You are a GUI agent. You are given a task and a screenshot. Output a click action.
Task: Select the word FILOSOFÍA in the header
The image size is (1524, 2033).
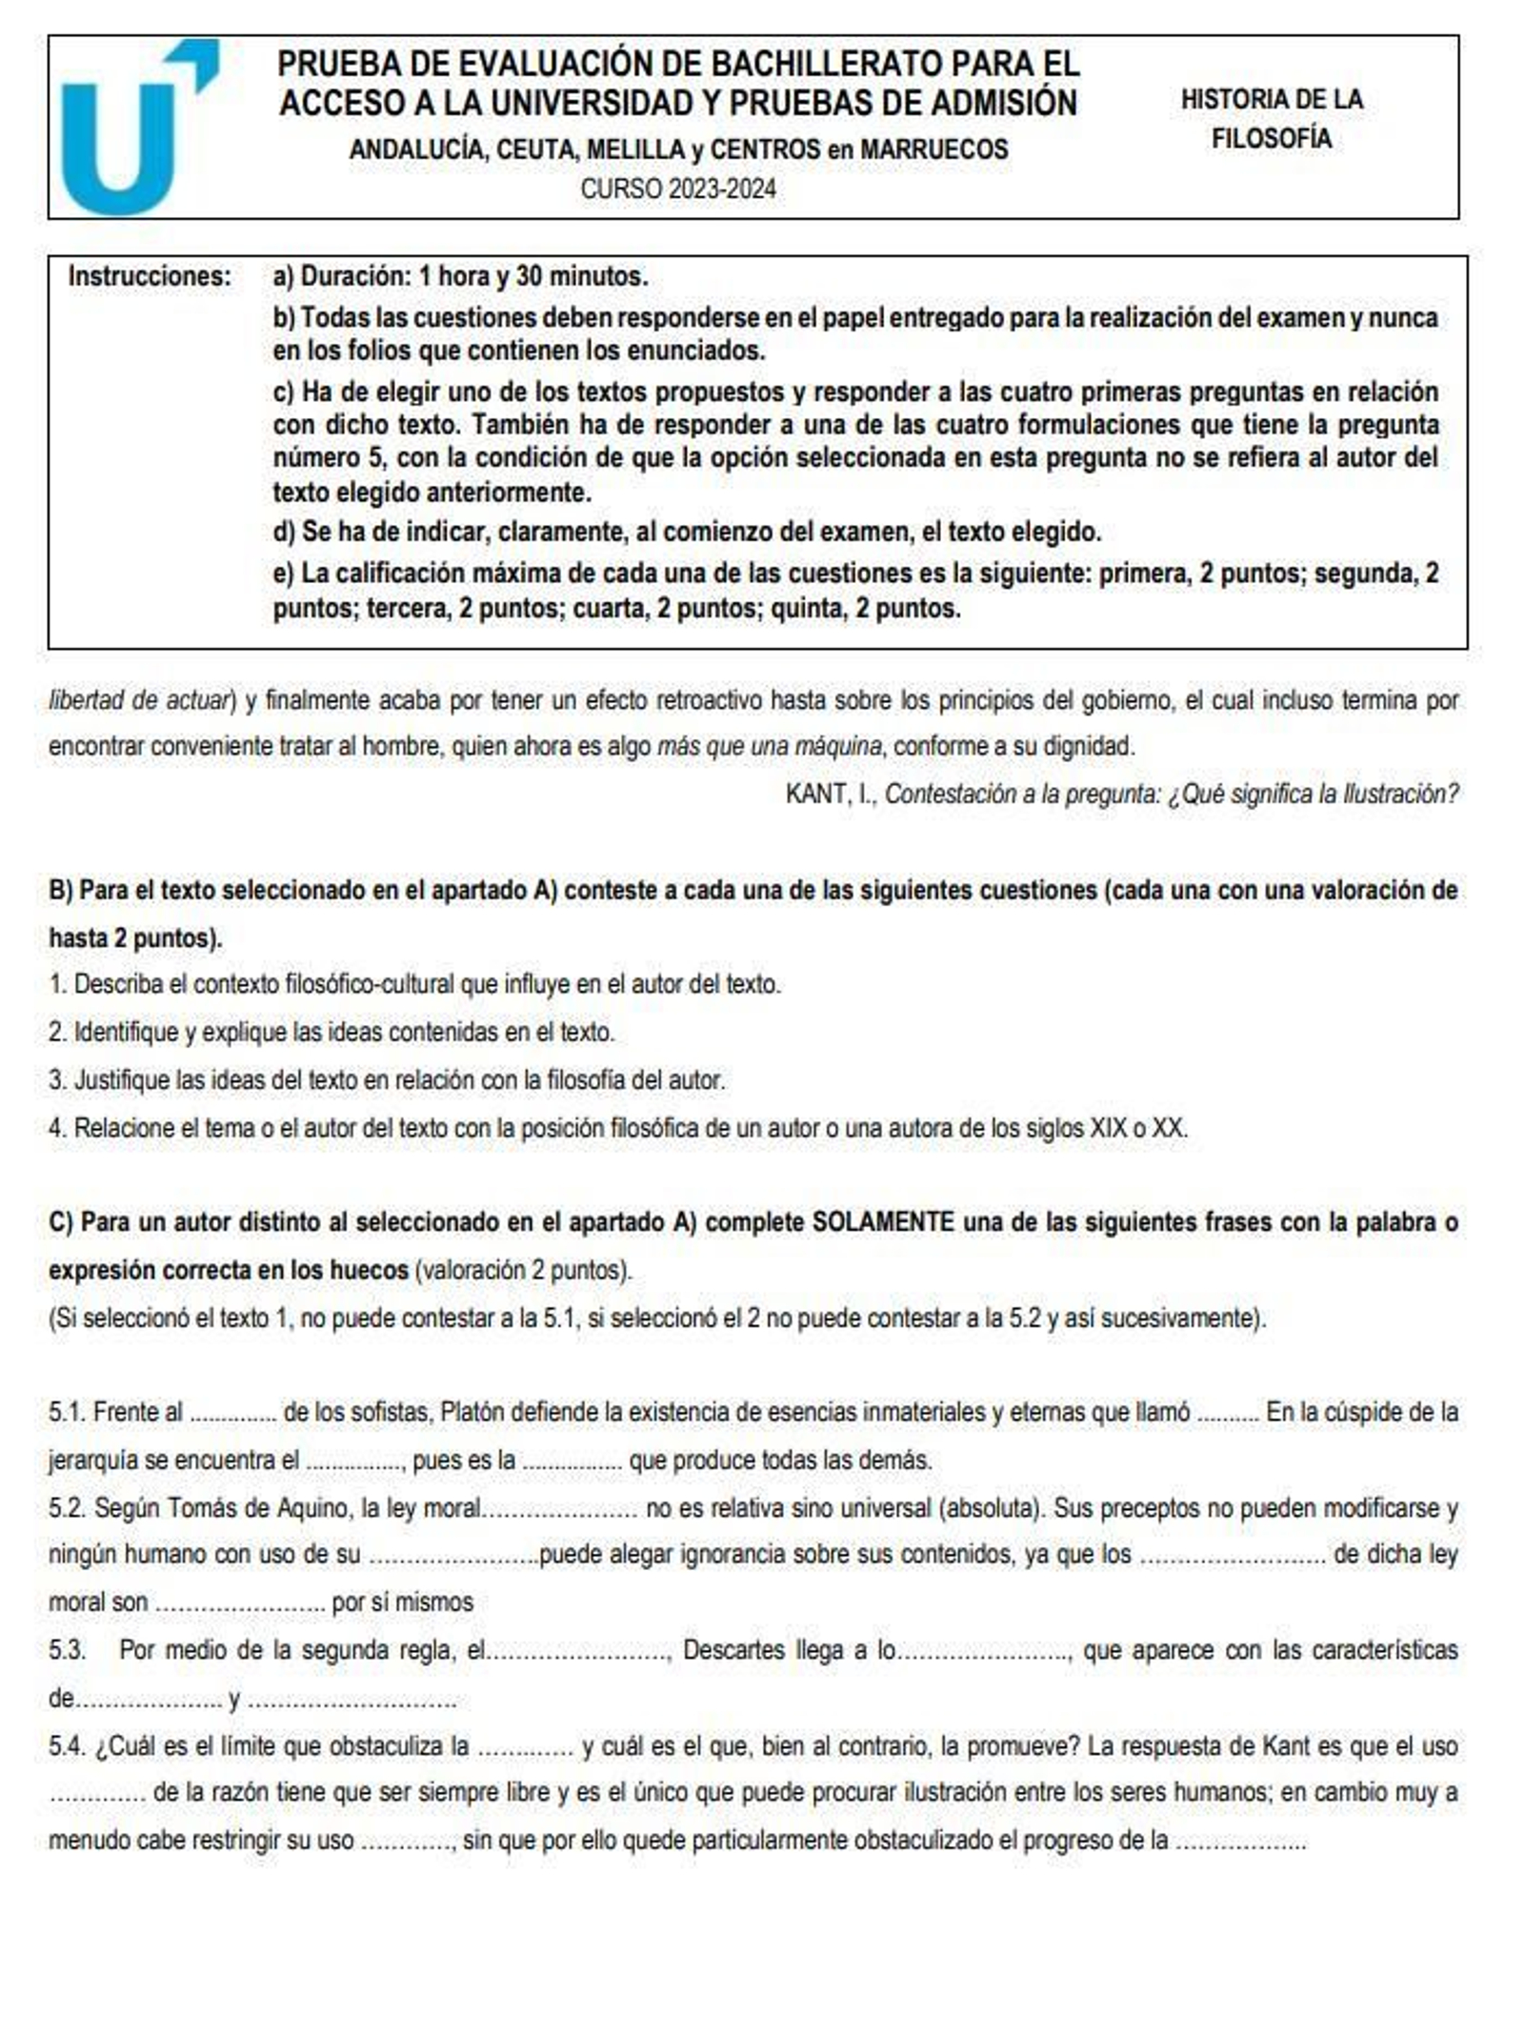pos(1271,139)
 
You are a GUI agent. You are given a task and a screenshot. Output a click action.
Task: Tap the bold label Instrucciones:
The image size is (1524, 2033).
pos(150,277)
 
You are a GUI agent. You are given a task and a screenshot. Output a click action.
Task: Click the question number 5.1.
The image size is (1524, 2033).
pos(67,1412)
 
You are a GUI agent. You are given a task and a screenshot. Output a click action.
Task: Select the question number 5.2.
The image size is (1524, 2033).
pos(67,1508)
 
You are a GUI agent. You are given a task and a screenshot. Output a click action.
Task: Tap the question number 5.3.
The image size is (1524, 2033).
pos(67,1650)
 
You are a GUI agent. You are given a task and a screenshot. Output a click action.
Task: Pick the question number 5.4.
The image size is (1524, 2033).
pos(67,1746)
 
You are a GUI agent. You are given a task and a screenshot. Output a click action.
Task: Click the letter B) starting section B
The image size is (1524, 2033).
pos(60,891)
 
